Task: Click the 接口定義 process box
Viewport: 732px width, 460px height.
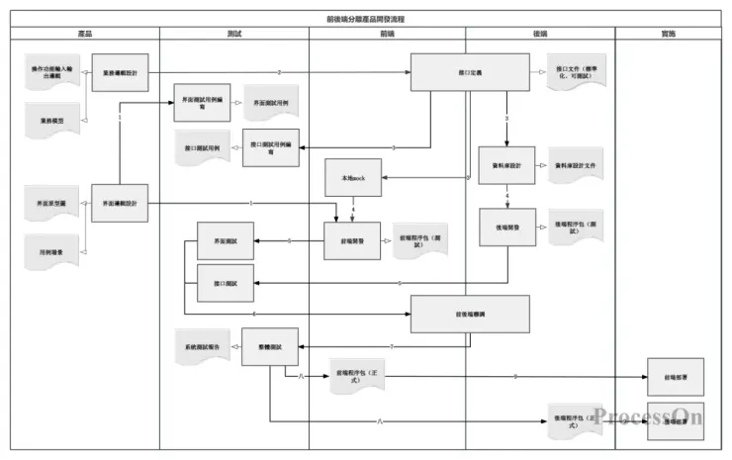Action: tap(470, 72)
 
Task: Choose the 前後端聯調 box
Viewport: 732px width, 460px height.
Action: tap(470, 314)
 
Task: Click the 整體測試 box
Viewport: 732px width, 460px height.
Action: tap(269, 347)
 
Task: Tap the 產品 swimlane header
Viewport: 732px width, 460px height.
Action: tap(85, 34)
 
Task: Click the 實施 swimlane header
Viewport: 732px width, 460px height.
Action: tap(669, 34)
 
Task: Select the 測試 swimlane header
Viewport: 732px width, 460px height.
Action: tap(234, 34)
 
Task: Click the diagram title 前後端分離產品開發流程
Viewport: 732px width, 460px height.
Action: tap(365, 19)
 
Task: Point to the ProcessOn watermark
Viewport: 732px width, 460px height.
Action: tap(649, 416)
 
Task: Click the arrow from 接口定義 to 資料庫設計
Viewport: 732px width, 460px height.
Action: tap(506, 120)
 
